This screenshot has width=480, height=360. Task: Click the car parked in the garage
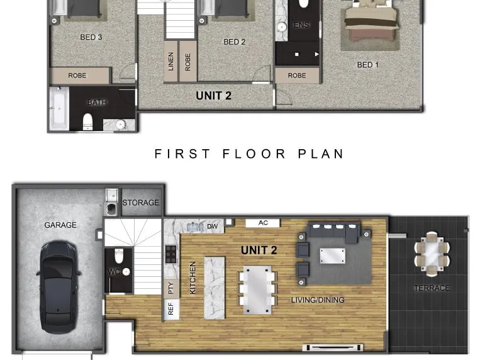coord(58,287)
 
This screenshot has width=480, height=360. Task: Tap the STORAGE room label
coord(140,203)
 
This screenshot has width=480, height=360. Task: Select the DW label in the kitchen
coord(212,227)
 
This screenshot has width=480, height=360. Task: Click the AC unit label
coord(263,223)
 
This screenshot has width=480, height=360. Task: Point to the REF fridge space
coord(171,309)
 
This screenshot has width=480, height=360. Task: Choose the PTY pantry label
coord(171,288)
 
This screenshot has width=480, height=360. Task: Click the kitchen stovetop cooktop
coord(171,254)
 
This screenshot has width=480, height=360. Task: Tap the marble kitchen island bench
coord(215,288)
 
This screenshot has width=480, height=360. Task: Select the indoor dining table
coord(257,290)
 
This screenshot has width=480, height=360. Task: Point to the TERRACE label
coord(432,288)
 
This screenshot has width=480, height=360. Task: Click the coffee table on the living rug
coord(333,256)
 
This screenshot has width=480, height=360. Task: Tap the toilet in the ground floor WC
coord(118,256)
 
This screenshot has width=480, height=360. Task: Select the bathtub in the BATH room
coord(59,108)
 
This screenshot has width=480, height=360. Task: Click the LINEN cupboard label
coord(171,62)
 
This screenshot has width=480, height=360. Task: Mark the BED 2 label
coord(235,42)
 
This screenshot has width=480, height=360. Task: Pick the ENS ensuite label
coord(301,25)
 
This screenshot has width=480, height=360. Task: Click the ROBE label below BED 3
coord(77,76)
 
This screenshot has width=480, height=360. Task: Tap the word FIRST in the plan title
coord(182,154)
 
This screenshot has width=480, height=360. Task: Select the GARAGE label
coord(60,225)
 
